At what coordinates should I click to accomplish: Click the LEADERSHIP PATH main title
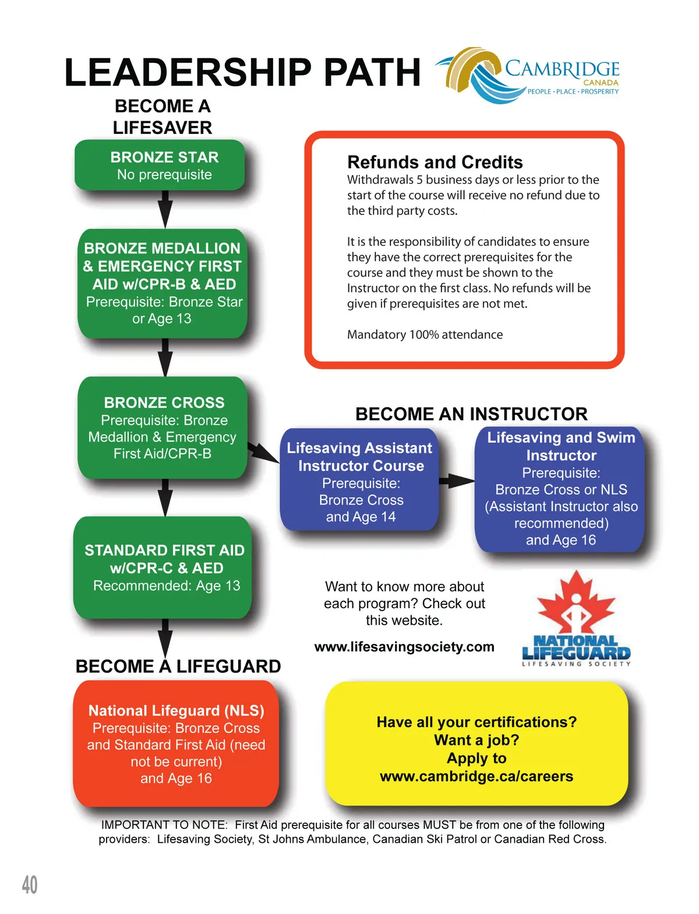coord(242,73)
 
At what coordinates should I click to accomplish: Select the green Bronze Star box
coord(160,165)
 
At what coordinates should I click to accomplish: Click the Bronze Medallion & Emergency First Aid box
coord(163,283)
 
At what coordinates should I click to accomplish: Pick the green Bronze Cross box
coord(163,428)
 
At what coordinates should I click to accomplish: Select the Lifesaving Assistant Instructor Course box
coord(359,481)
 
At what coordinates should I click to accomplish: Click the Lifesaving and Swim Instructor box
coord(560,489)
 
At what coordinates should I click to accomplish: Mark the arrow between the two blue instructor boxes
coord(457,481)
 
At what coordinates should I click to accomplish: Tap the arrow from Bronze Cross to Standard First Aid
coord(165,497)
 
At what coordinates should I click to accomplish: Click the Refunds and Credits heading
coord(435,162)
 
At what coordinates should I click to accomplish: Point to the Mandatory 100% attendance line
coord(425,334)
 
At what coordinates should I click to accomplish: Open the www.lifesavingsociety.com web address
coord(404,647)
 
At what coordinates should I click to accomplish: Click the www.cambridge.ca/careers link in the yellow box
coord(476,777)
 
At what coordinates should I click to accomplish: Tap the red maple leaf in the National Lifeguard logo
coord(576,602)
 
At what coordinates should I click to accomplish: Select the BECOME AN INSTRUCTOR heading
coord(471,414)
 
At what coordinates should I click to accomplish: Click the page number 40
coord(30,885)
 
